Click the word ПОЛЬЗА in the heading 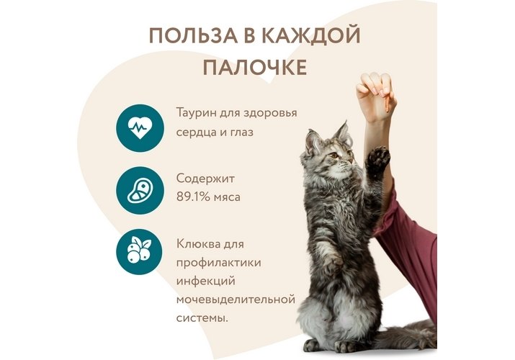(x=193, y=35)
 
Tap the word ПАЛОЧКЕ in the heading (x=255, y=68)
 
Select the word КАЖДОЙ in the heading (x=311, y=36)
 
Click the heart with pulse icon (x=140, y=128)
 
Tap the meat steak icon (x=140, y=191)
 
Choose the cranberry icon (x=139, y=252)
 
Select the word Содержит (x=205, y=179)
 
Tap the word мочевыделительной (x=236, y=300)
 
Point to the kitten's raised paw (x=377, y=160)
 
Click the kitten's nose (x=351, y=161)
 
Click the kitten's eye (x=334, y=155)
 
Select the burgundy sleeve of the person (x=409, y=236)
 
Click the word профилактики (x=219, y=264)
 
